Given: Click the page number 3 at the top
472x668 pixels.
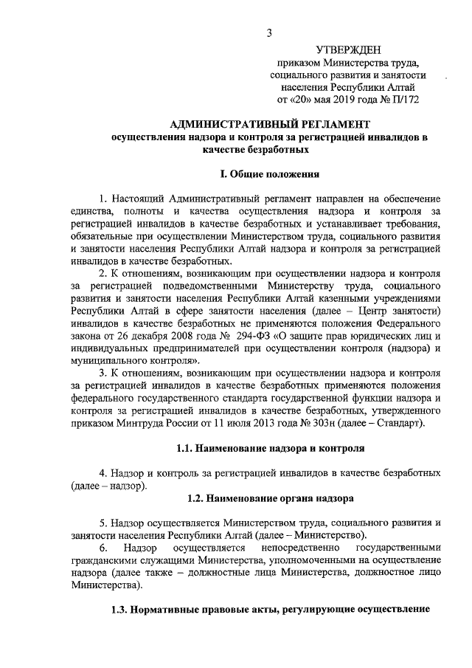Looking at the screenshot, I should (x=271, y=32).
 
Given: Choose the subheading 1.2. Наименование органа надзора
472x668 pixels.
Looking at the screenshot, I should (x=271, y=498).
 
